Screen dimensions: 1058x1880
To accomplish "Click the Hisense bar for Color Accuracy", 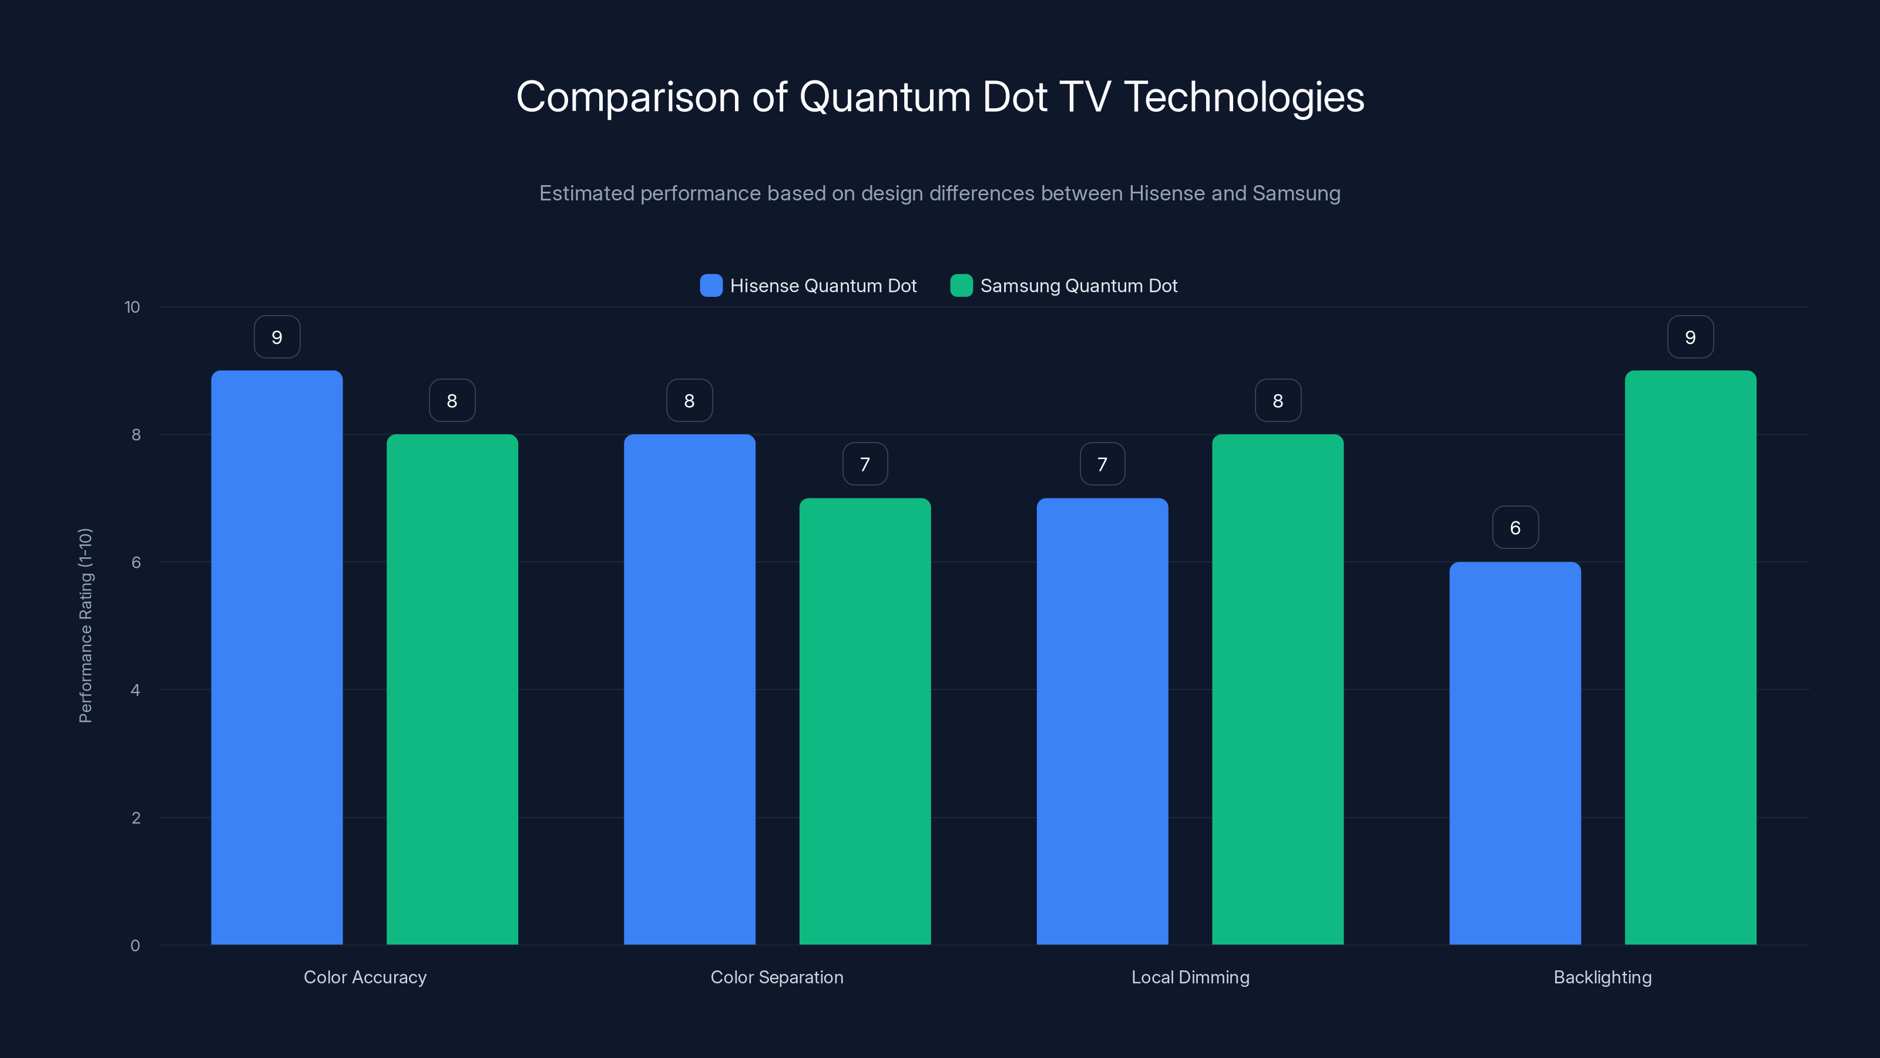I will (x=277, y=657).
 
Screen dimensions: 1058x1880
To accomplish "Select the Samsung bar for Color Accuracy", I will (x=452, y=689).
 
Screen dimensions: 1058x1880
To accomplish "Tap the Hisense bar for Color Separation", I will (x=689, y=689).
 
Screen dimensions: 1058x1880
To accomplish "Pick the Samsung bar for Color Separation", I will (x=865, y=721).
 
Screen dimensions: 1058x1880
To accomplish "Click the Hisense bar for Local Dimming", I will (x=1102, y=721).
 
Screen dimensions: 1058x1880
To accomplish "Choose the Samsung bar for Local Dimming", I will (x=1277, y=689).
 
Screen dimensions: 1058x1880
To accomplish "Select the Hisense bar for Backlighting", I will (x=1515, y=753).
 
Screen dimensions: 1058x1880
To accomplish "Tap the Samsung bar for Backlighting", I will (x=1690, y=657).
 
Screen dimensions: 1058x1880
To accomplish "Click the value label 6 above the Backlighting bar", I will (x=1515, y=527).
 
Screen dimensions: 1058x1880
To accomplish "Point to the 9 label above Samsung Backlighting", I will (x=1690, y=337).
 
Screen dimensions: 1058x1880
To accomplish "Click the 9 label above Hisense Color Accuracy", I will (x=277, y=337).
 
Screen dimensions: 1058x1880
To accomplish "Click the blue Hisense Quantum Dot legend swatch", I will (x=711, y=286).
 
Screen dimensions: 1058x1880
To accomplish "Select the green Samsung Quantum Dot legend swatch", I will (x=961, y=286).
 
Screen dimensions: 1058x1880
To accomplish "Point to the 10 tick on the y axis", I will (x=132, y=307).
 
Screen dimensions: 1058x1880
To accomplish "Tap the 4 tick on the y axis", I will (x=135, y=690).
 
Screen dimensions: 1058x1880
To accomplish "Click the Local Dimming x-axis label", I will (x=1190, y=977).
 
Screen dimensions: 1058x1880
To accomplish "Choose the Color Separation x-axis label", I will (x=777, y=977).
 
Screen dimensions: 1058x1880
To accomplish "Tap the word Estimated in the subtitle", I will (x=586, y=193).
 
